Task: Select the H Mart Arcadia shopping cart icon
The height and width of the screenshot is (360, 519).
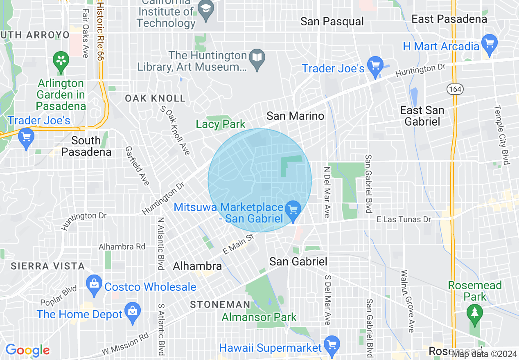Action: [489, 43]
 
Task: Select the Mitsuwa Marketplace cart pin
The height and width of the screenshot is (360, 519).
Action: [293, 210]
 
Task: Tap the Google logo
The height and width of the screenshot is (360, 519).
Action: [27, 351]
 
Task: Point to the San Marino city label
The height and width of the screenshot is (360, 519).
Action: [295, 116]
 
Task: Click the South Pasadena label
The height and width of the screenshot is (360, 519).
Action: [86, 146]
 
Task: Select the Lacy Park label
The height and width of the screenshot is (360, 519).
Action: [221, 124]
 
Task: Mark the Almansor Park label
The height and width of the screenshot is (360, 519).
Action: [259, 317]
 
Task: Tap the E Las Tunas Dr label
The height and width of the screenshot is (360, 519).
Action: [404, 220]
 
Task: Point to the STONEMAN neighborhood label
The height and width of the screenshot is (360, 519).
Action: [220, 304]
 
